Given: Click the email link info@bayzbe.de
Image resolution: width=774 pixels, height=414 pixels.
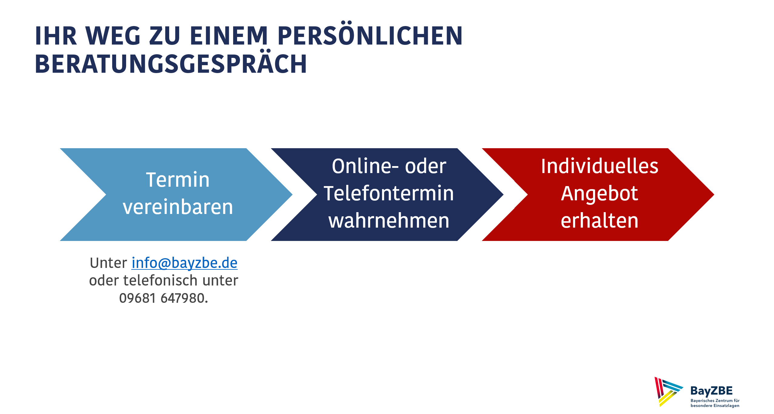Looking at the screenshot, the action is (x=184, y=263).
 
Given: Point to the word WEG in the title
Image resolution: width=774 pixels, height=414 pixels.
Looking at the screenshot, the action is (x=113, y=36).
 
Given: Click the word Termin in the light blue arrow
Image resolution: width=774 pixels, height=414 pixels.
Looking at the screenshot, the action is (x=178, y=180).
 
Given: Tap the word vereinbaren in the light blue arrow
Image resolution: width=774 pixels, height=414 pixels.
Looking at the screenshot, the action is (x=178, y=207).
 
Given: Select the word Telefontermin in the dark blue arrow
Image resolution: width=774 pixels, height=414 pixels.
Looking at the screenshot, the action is (x=389, y=193).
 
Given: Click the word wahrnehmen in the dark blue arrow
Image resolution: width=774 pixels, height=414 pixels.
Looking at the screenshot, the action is (x=389, y=221).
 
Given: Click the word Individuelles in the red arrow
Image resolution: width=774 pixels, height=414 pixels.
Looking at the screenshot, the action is (x=600, y=166).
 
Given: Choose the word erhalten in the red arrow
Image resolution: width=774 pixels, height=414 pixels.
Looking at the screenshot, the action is (x=599, y=221).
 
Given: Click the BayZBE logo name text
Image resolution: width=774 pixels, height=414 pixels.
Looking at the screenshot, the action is (x=711, y=391).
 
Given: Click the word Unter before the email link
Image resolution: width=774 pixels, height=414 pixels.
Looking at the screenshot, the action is (x=108, y=263).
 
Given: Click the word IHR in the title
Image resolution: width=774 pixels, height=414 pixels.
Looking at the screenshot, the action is (x=56, y=36).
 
